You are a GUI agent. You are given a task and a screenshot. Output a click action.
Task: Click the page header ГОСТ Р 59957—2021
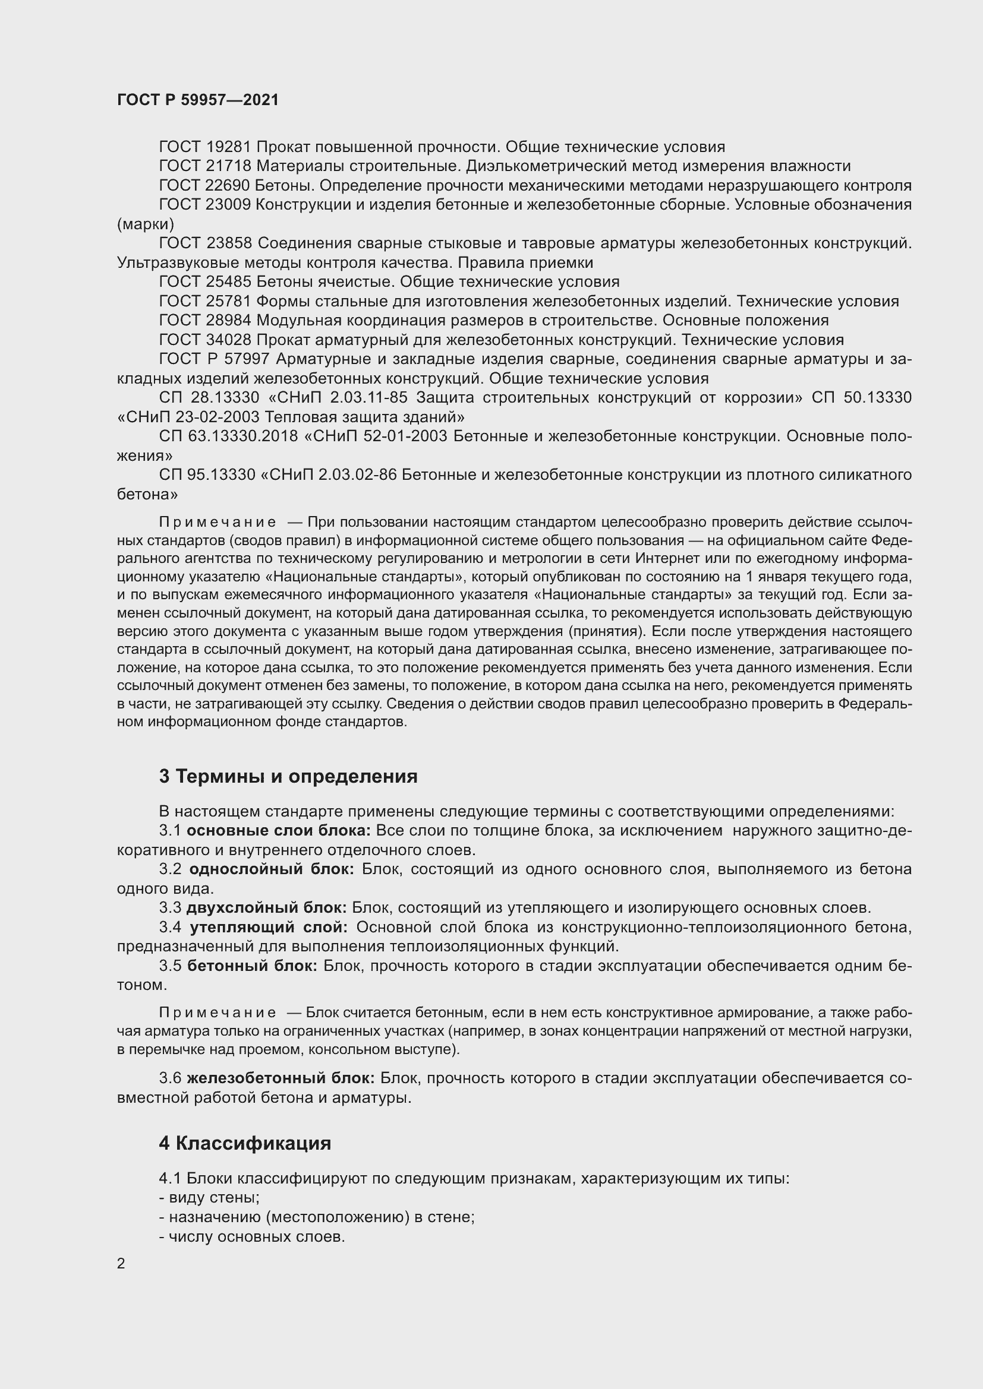198,100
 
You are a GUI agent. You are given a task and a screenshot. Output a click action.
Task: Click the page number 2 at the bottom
121,1263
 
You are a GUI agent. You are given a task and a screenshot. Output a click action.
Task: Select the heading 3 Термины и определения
288,776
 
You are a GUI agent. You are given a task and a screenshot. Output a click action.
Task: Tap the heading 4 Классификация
244,1143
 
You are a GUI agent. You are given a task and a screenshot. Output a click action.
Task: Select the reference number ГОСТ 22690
204,186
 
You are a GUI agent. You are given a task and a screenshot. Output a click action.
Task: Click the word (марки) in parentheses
145,224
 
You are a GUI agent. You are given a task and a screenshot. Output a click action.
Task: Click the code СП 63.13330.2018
228,436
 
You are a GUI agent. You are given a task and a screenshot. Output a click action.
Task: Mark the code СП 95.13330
207,475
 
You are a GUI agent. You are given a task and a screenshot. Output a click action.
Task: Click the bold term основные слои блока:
278,831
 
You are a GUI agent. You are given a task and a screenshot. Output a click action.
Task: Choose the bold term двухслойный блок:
266,908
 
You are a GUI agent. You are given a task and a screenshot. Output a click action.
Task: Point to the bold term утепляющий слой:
269,928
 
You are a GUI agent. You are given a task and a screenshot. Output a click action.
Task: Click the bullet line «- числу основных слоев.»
252,1236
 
